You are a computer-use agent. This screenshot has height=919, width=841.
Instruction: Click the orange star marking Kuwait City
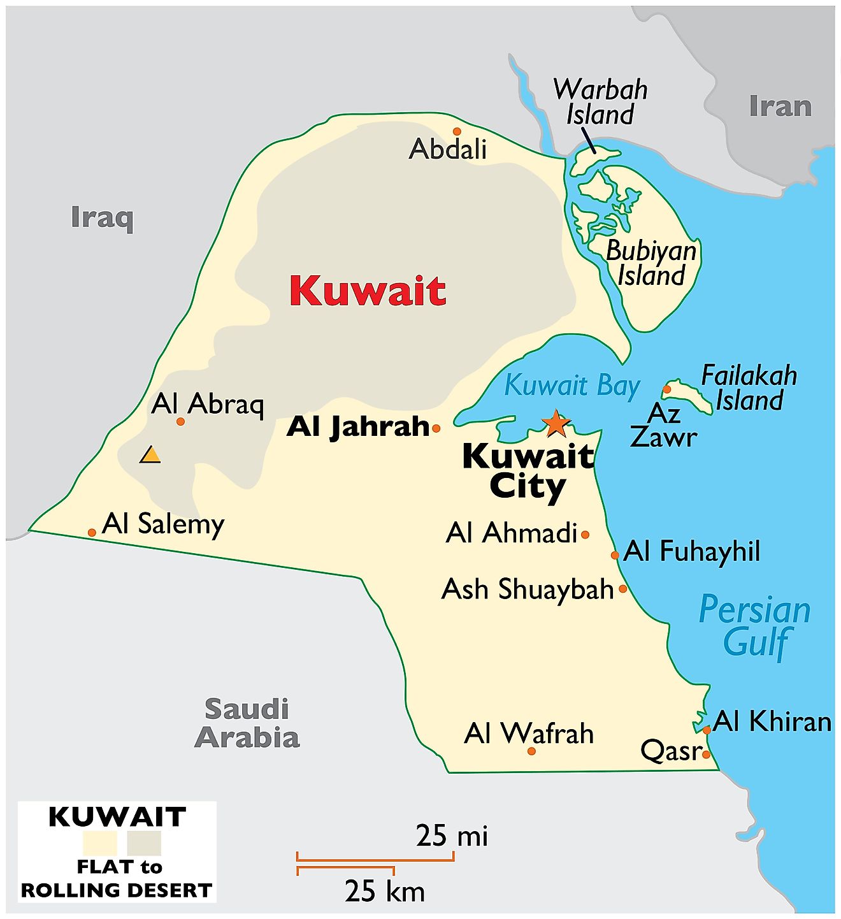tap(556, 423)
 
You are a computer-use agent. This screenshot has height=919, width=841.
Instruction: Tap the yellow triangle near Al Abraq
tap(150, 455)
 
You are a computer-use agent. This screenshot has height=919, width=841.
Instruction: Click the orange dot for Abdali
tap(457, 131)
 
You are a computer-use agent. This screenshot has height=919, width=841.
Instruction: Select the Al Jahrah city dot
tap(436, 428)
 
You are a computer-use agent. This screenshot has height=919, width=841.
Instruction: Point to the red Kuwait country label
tap(368, 291)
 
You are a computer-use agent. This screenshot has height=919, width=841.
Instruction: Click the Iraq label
tap(102, 217)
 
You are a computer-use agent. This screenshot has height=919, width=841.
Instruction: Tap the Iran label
tap(780, 106)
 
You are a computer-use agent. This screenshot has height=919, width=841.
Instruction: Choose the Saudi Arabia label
tap(247, 723)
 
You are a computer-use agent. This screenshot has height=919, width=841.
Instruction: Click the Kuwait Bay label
tap(571, 386)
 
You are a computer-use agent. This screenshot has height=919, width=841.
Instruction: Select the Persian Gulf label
tap(755, 625)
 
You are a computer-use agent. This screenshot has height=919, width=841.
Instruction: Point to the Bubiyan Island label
tap(651, 263)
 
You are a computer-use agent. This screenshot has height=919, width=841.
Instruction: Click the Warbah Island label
tap(600, 102)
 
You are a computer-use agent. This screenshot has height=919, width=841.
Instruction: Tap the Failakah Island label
tap(749, 387)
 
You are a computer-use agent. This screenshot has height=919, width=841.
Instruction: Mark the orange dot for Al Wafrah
tap(531, 751)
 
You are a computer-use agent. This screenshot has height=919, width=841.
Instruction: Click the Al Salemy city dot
tap(92, 532)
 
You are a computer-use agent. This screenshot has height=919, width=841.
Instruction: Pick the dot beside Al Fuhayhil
tap(615, 555)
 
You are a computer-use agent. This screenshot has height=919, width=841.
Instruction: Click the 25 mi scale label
tap(452, 836)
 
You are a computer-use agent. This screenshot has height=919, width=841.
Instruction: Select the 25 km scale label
tap(385, 890)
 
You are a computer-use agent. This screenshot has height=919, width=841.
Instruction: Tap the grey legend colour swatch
tap(144, 843)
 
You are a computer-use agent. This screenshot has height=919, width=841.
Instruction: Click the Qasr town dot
tap(706, 754)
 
